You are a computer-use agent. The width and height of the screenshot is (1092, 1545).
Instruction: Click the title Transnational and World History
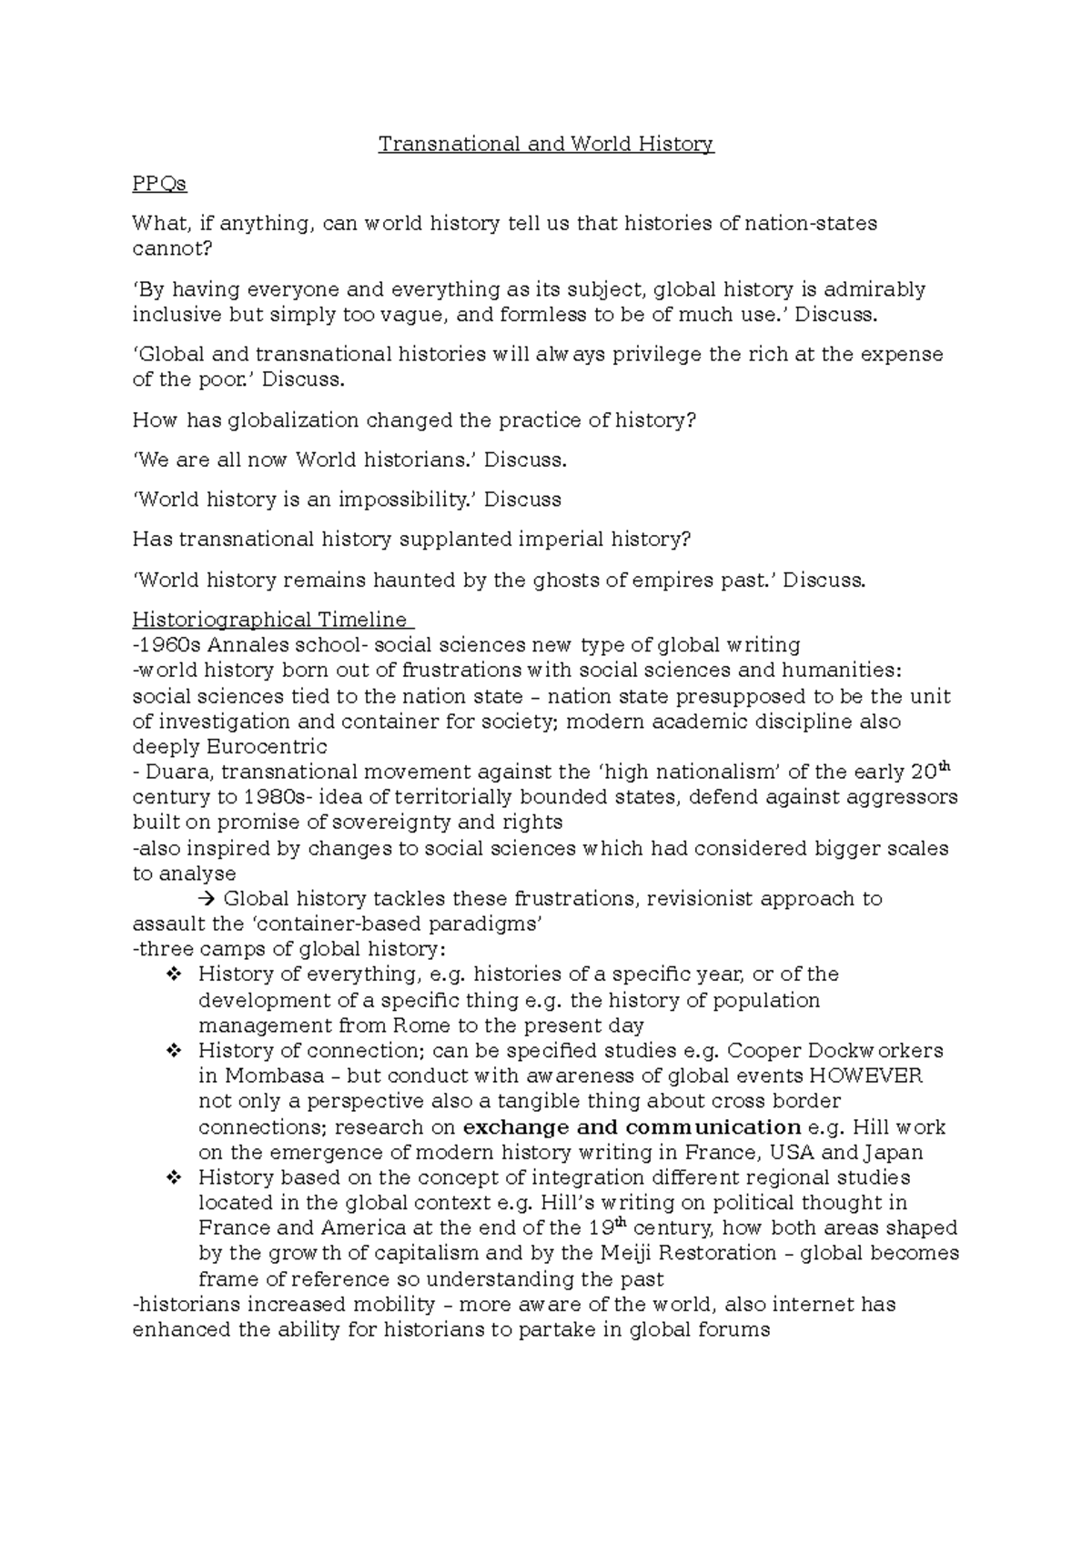pos(546,144)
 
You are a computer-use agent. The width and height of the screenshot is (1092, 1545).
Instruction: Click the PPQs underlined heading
pos(159,184)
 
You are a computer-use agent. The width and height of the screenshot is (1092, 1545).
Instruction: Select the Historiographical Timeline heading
pos(270,620)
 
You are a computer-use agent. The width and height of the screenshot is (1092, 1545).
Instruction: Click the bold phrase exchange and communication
pos(632,1127)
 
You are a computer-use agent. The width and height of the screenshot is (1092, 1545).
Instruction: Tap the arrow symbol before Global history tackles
pos(206,899)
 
